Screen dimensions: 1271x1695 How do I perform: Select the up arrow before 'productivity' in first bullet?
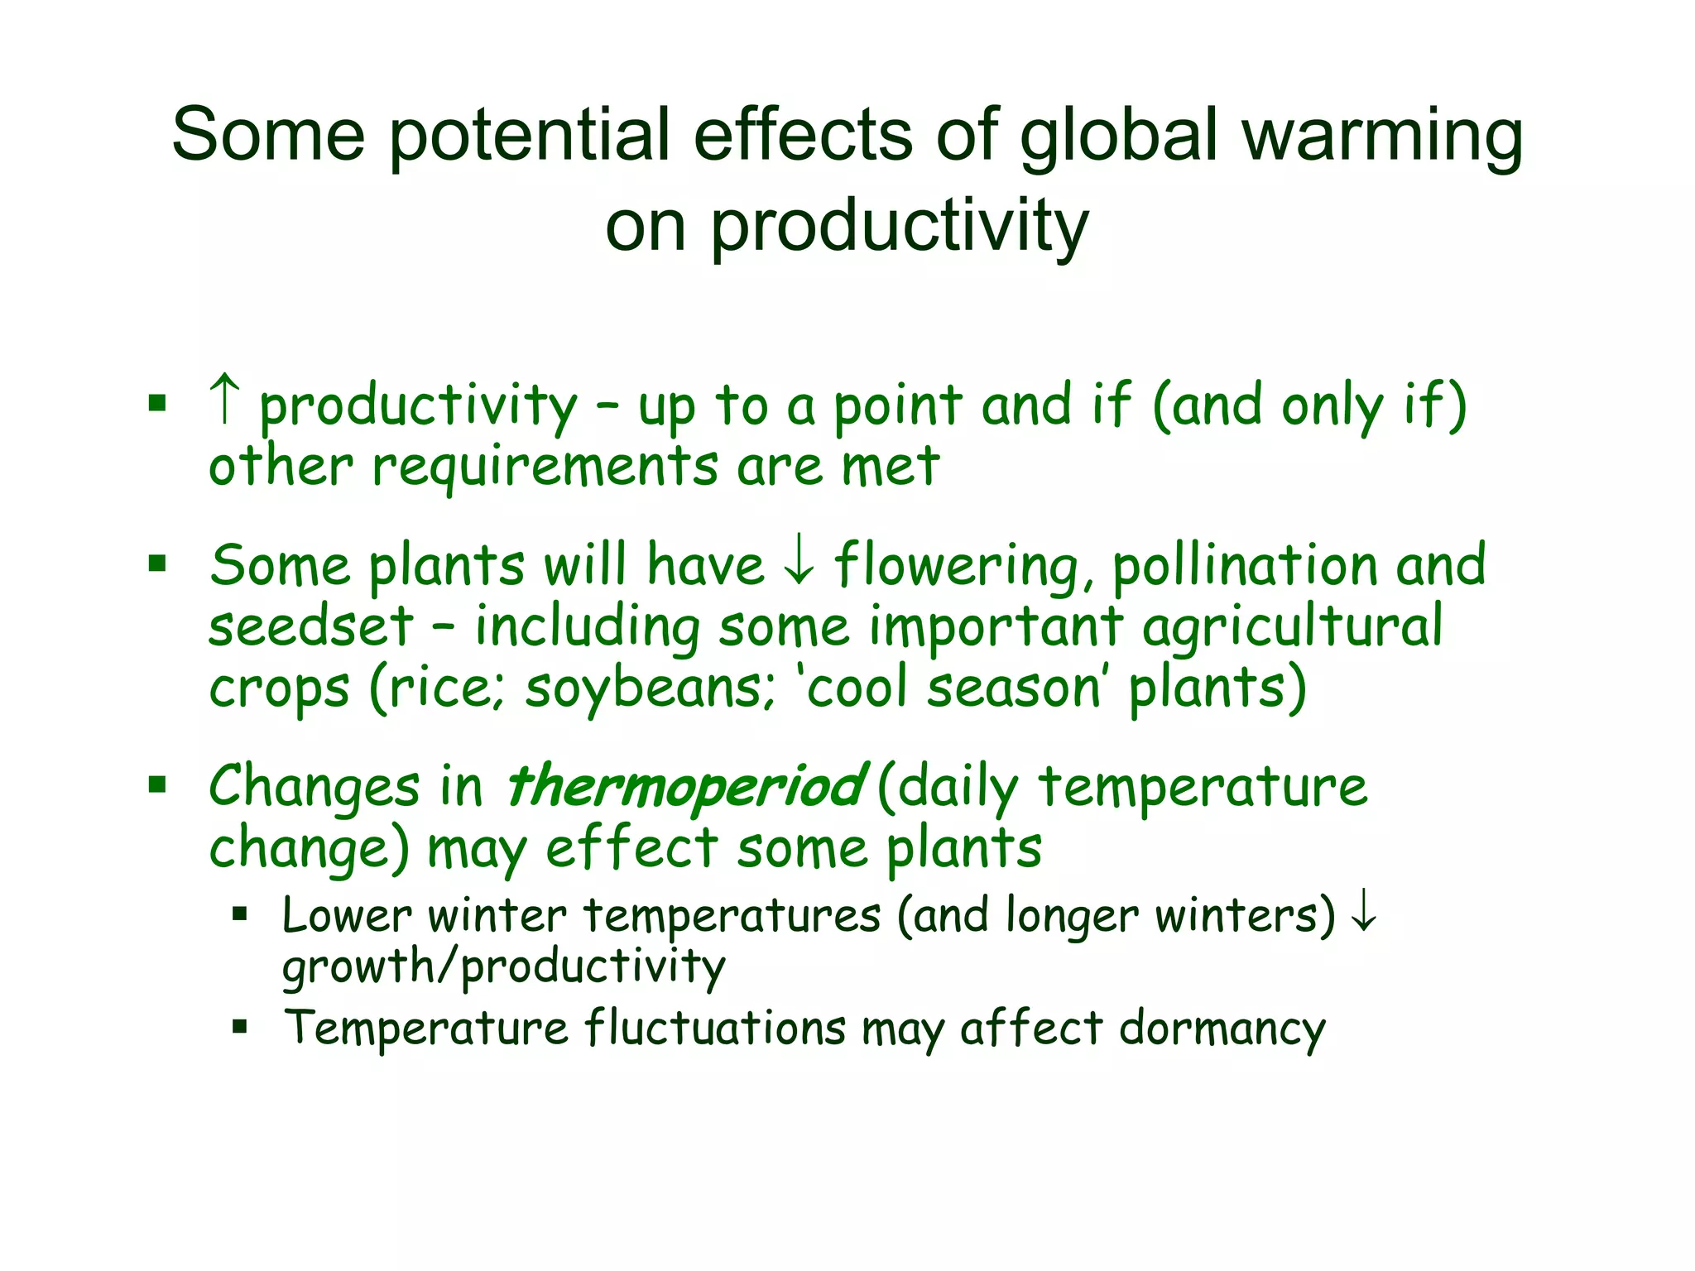(x=225, y=399)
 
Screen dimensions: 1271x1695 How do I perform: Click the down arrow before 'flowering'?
(x=799, y=564)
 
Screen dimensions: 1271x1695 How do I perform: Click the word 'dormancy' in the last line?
(x=1222, y=1029)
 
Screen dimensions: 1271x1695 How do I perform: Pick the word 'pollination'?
(x=1246, y=567)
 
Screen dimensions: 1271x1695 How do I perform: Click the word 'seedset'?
(x=310, y=626)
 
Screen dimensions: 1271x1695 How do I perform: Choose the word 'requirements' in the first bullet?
(x=545, y=468)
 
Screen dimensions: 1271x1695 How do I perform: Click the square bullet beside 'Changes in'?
(x=157, y=784)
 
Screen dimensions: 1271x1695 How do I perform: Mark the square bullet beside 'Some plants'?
(x=157, y=564)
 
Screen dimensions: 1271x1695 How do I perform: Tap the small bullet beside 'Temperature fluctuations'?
(x=240, y=1028)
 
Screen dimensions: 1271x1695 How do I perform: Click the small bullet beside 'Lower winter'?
(x=240, y=914)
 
